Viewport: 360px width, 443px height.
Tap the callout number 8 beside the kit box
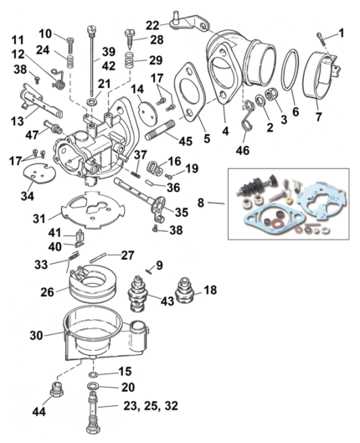[x=213, y=202]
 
